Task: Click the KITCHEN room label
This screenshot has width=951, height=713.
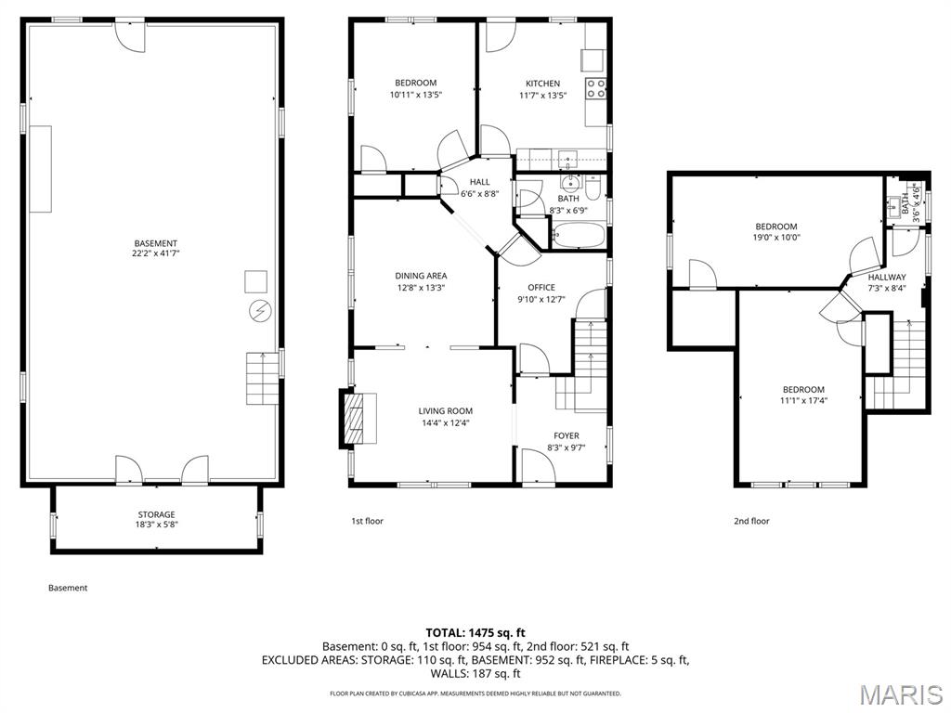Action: [x=543, y=84]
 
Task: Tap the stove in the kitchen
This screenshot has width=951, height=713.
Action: [x=595, y=89]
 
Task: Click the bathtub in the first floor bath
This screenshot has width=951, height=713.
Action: [x=578, y=237]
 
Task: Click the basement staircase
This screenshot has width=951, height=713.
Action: [x=263, y=378]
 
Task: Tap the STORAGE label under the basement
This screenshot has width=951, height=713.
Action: [x=156, y=514]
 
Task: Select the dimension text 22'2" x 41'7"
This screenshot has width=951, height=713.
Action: [x=155, y=253]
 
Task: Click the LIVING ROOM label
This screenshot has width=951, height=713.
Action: [x=445, y=411]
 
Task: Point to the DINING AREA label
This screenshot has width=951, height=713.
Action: [x=421, y=276]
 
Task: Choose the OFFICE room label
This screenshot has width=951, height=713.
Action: [x=541, y=288]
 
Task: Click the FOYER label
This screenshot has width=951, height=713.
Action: [x=566, y=435]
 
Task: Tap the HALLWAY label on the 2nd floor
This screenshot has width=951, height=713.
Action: [x=886, y=278]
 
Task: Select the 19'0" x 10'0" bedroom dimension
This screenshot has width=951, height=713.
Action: [x=775, y=238]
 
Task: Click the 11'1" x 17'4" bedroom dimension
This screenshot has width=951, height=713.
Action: [x=802, y=401]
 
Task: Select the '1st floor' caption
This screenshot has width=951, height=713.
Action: [x=367, y=522]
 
